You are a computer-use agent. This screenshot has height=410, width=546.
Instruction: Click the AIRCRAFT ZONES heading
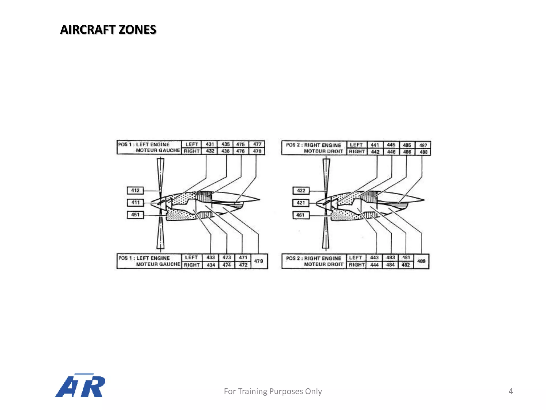(108, 30)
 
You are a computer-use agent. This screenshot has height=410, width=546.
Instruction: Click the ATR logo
(80, 385)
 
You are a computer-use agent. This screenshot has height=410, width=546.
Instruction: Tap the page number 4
(511, 391)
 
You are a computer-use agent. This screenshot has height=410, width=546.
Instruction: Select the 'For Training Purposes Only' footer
(273, 391)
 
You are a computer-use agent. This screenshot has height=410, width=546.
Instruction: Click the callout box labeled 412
(135, 190)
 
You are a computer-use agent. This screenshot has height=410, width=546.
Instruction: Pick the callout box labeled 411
(135, 203)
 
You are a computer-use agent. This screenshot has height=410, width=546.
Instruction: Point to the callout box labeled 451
(135, 215)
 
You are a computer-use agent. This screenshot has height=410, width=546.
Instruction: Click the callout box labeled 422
(301, 191)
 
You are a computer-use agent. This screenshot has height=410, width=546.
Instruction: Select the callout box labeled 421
(301, 203)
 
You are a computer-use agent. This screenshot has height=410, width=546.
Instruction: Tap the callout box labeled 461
(301, 215)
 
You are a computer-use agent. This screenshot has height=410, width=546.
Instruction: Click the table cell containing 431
(210, 144)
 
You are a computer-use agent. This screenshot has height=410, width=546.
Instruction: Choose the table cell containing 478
(257, 151)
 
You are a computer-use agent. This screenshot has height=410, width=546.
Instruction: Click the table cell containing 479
(259, 261)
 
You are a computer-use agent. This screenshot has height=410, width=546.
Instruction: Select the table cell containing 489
(421, 261)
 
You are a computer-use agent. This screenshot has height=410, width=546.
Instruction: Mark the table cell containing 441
(375, 145)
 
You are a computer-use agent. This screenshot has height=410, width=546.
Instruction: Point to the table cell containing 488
(423, 152)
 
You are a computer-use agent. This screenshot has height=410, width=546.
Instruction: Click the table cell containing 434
(211, 265)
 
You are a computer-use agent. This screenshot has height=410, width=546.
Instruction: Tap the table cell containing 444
(374, 265)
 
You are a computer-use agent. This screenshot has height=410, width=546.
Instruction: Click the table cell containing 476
(240, 151)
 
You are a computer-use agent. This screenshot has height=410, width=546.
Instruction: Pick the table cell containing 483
(391, 258)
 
